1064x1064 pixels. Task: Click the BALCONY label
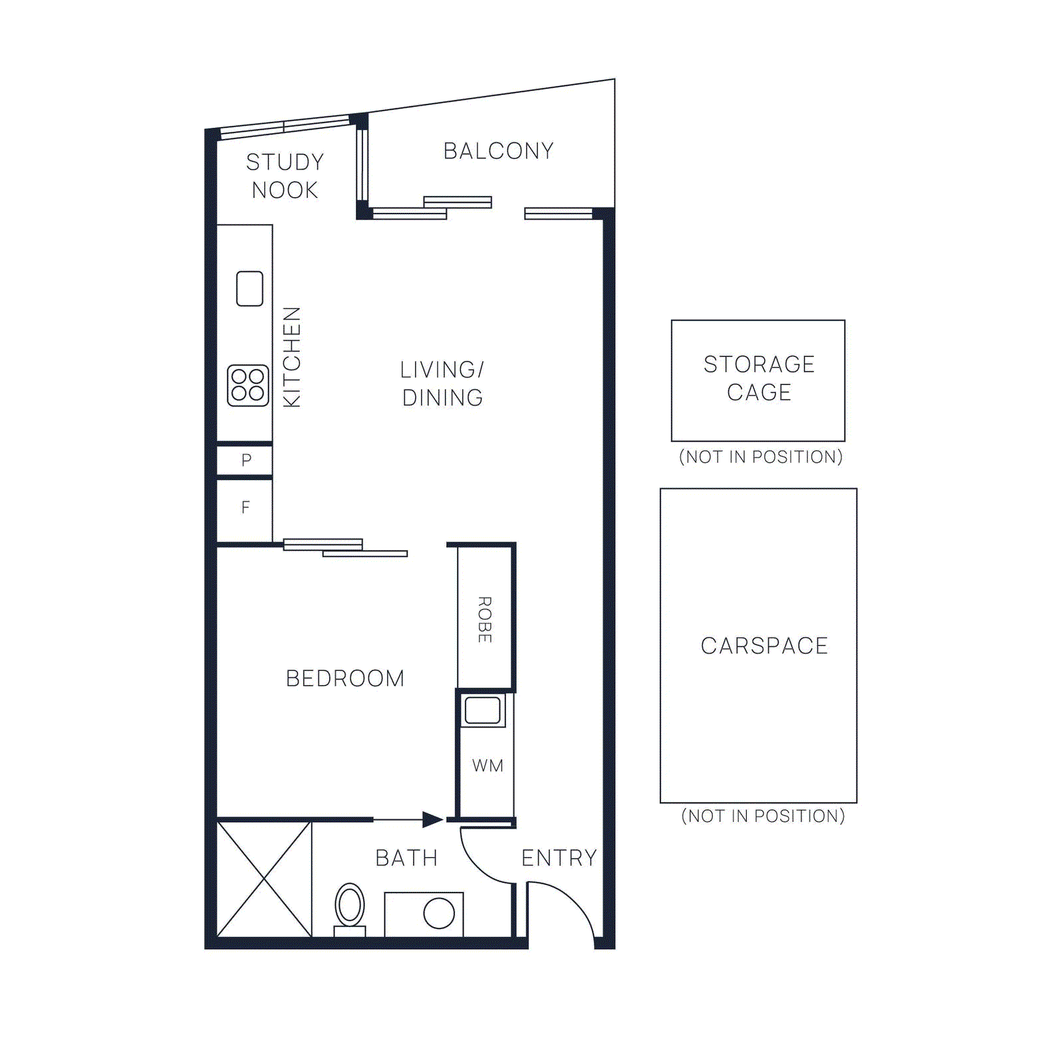click(x=498, y=151)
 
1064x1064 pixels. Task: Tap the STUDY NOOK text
click(x=285, y=176)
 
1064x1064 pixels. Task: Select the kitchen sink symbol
click(x=249, y=289)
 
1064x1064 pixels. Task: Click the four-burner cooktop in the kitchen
click(x=248, y=385)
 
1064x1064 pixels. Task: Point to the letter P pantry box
click(x=245, y=460)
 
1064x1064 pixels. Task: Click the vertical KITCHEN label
click(x=292, y=357)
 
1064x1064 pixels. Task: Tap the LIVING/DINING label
click(x=442, y=384)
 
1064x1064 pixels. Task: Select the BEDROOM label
click(x=345, y=678)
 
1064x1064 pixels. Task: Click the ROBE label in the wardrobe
click(x=485, y=619)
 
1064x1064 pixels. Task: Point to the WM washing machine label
click(x=487, y=765)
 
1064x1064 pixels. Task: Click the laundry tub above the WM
click(x=483, y=710)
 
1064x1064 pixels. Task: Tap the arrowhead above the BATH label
click(x=432, y=819)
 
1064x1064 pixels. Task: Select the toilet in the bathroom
click(x=350, y=907)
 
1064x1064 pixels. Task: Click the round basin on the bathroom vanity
click(x=439, y=913)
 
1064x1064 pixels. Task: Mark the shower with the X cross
click(x=265, y=879)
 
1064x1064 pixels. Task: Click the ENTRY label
click(x=559, y=858)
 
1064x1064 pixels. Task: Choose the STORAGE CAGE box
click(x=758, y=380)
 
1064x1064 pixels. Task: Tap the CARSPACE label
click(x=764, y=646)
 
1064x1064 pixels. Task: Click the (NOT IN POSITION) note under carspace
click(x=763, y=816)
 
